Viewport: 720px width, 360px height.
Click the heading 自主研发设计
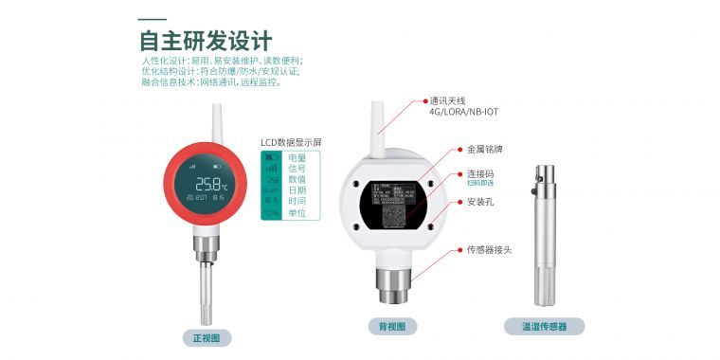[x=205, y=41]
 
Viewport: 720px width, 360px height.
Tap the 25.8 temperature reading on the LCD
[x=206, y=183]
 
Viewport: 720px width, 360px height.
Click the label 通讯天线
[x=448, y=100]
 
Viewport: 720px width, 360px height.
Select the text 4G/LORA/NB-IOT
[x=463, y=112]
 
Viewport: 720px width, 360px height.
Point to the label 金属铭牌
[x=485, y=150]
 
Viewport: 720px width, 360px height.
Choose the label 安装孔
[x=480, y=202]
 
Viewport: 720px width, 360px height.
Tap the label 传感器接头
[x=490, y=250]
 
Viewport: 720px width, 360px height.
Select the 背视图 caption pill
[x=392, y=327]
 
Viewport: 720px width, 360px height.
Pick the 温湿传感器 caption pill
[x=544, y=327]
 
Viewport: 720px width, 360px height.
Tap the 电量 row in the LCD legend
[x=297, y=157]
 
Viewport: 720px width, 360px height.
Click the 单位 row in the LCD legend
[x=297, y=214]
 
